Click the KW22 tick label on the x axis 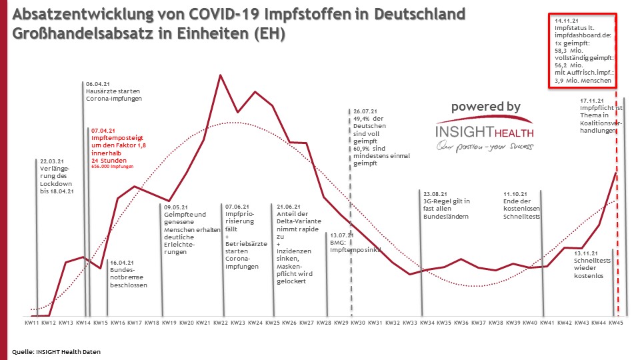coord(221,323)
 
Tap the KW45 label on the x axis coord(616,323)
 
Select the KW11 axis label coord(31,323)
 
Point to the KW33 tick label coord(410,323)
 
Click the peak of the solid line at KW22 coord(221,75)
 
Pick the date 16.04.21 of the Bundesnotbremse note coord(122,263)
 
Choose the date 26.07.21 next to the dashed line coord(366,111)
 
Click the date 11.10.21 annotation coord(516,193)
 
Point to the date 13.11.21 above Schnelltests coord(587,253)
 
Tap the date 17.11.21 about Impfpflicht coord(592,101)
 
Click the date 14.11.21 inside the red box coord(567,21)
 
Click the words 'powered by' coord(486,107)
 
